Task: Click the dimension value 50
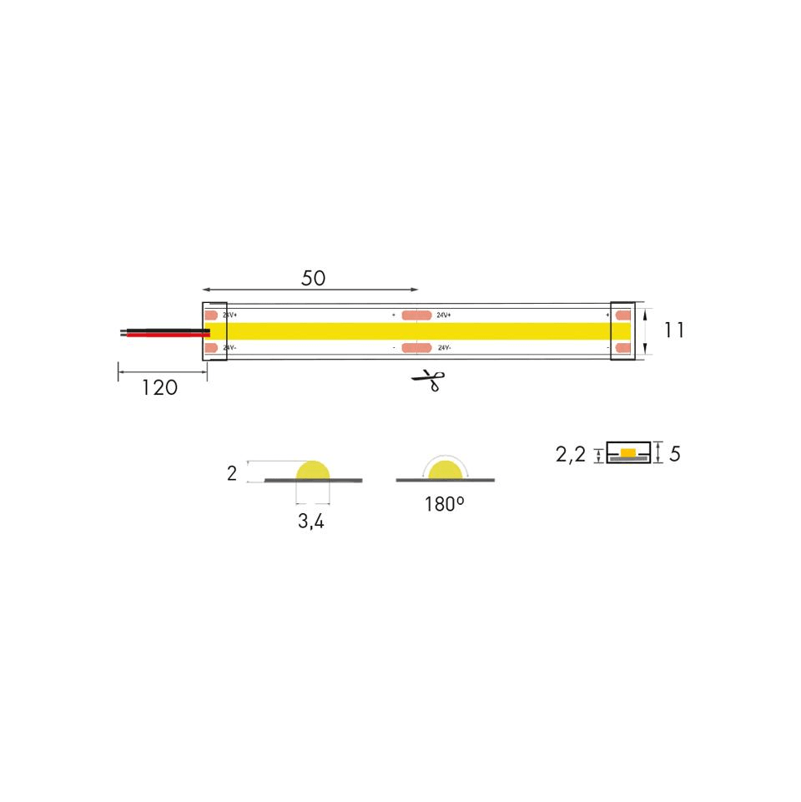(x=313, y=278)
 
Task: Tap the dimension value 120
(x=159, y=388)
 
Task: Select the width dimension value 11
(x=673, y=330)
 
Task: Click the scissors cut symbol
(x=429, y=381)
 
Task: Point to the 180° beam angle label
(x=445, y=504)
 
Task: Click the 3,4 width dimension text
(x=311, y=522)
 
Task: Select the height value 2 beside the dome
(x=232, y=474)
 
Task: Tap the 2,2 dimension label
(x=571, y=454)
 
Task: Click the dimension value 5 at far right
(x=675, y=454)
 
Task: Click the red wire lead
(x=168, y=335)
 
